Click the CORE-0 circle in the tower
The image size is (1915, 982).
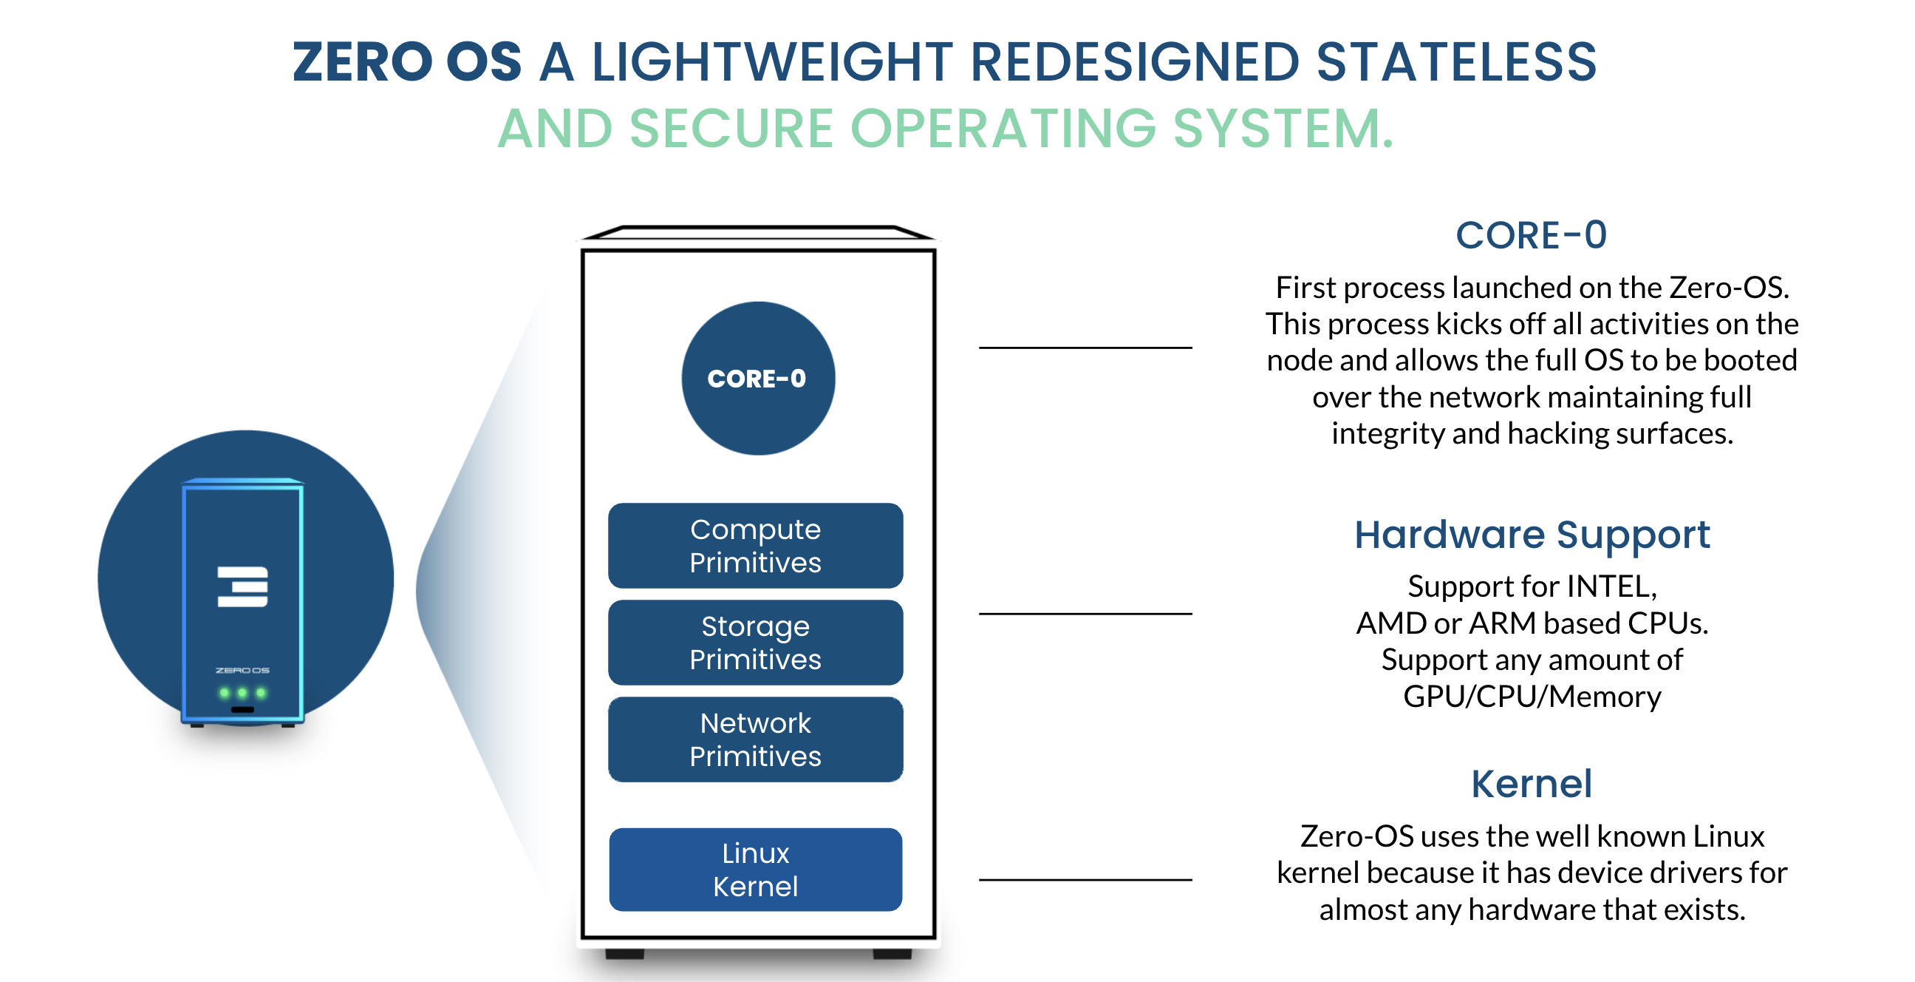click(757, 378)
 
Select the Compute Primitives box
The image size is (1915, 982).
click(755, 545)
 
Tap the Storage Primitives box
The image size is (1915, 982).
click(755, 642)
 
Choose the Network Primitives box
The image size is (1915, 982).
click(755, 739)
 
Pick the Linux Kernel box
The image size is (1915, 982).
click(755, 869)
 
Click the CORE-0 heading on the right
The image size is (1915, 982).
click(1531, 235)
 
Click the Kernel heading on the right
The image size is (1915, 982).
click(1532, 783)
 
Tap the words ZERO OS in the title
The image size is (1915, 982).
click(406, 62)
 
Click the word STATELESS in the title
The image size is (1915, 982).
click(1455, 62)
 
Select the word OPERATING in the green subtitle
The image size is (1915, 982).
click(1003, 129)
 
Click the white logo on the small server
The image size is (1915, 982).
click(242, 586)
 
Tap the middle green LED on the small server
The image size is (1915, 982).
click(242, 693)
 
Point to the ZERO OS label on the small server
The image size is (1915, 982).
click(242, 670)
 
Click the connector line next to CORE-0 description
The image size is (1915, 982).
click(1085, 348)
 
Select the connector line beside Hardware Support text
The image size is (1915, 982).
click(1085, 614)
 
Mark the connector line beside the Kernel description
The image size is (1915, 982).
click(1085, 879)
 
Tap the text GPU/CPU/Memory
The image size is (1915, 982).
click(1532, 697)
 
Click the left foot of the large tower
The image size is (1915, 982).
click(624, 953)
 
